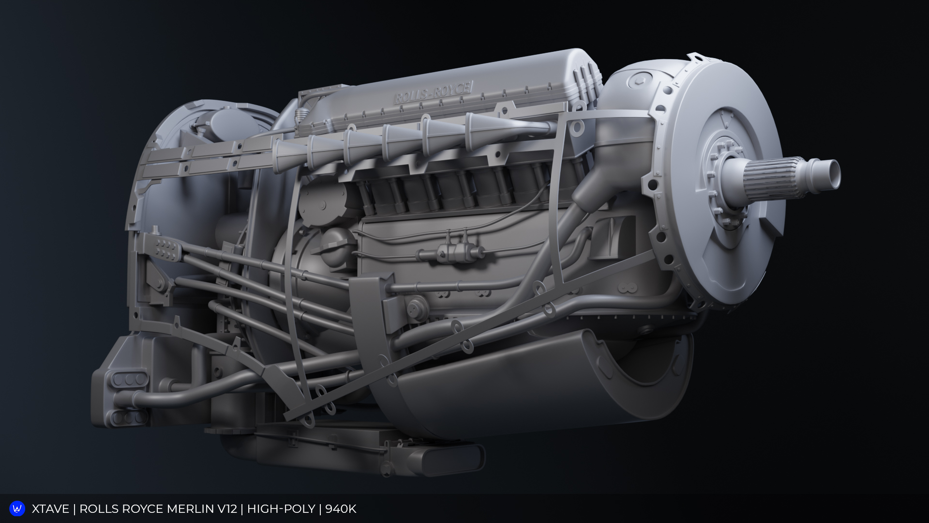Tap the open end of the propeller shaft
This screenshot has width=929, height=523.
coord(833,175)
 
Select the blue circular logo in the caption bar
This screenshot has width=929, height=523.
coord(17,508)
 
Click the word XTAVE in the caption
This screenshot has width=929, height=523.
coord(50,509)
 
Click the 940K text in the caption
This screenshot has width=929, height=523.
coord(341,509)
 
